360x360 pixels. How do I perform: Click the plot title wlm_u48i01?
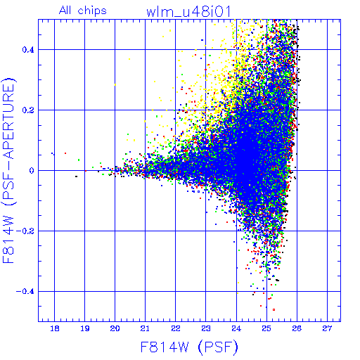click(188, 12)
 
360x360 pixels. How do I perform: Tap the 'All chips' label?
click(83, 11)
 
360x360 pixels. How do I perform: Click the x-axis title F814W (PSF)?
click(189, 347)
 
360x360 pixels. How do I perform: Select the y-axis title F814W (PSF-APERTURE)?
click(8, 170)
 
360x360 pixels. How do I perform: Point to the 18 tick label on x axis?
click(55, 328)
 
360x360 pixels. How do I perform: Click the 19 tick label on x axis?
click(85, 328)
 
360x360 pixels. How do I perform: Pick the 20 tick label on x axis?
click(115, 328)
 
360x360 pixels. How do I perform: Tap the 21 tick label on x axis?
click(145, 328)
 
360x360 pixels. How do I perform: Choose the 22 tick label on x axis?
click(176, 328)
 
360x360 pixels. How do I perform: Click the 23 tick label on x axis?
click(206, 328)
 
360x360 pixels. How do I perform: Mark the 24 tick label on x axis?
click(236, 328)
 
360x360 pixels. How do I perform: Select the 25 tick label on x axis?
click(266, 328)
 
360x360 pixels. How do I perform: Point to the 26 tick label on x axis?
click(297, 328)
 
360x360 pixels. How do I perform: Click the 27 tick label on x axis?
click(327, 328)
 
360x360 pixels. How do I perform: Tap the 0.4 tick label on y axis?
click(28, 50)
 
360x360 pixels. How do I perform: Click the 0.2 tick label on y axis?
click(28, 110)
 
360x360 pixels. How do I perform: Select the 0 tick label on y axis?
click(32, 171)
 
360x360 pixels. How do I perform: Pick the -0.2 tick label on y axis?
click(25, 231)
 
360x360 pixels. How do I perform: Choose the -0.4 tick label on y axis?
click(25, 292)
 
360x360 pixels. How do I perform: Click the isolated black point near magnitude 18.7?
click(76, 176)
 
